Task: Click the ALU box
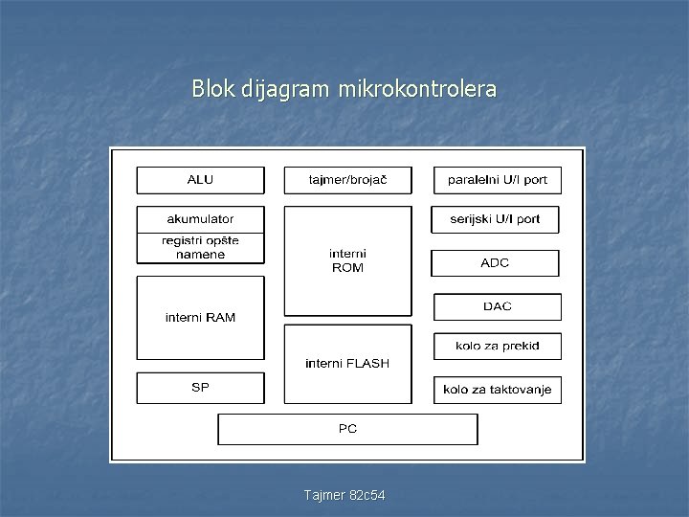(200, 180)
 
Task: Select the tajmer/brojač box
(347, 180)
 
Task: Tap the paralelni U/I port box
(497, 180)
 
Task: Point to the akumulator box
(200, 219)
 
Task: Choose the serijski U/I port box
(495, 219)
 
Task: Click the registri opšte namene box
(200, 248)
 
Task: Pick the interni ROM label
(347, 260)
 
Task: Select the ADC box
(495, 262)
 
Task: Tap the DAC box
(497, 306)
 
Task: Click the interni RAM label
(200, 317)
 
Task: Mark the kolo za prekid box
(497, 346)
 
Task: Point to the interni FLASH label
(347, 363)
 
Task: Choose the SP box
(200, 387)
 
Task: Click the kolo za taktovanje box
(497, 390)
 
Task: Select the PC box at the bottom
(347, 429)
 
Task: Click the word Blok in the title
(210, 90)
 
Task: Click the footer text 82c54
(368, 494)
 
